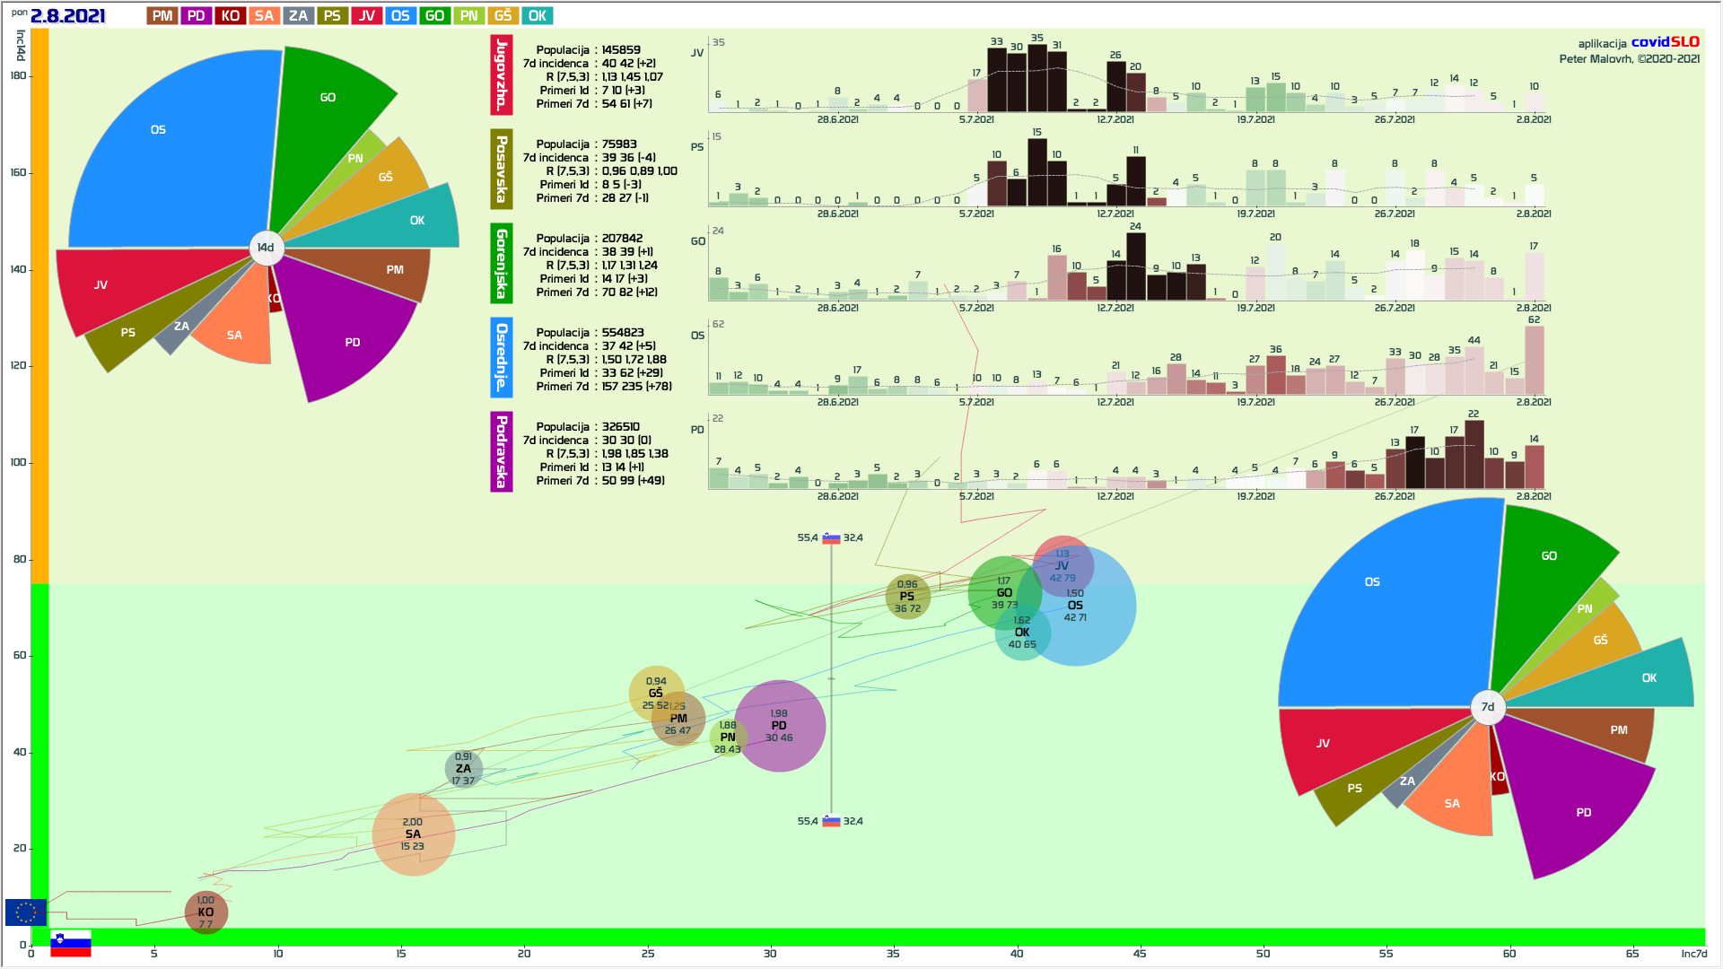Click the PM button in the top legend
coord(162,16)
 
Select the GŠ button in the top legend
coord(503,16)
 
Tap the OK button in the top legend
coord(538,16)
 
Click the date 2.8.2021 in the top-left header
coord(68,16)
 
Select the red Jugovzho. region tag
coord(502,75)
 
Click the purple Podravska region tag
coord(502,451)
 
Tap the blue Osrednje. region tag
coord(502,357)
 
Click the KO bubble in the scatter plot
coord(206,912)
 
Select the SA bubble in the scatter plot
coord(413,834)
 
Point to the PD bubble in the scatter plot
coord(780,726)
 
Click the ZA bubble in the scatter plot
coord(463,769)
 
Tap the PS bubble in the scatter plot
coord(907,597)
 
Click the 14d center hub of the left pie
coord(266,248)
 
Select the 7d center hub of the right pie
coord(1488,707)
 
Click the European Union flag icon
coord(26,912)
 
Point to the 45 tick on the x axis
coord(1140,953)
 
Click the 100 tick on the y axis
coord(18,462)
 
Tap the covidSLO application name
coord(1665,42)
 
